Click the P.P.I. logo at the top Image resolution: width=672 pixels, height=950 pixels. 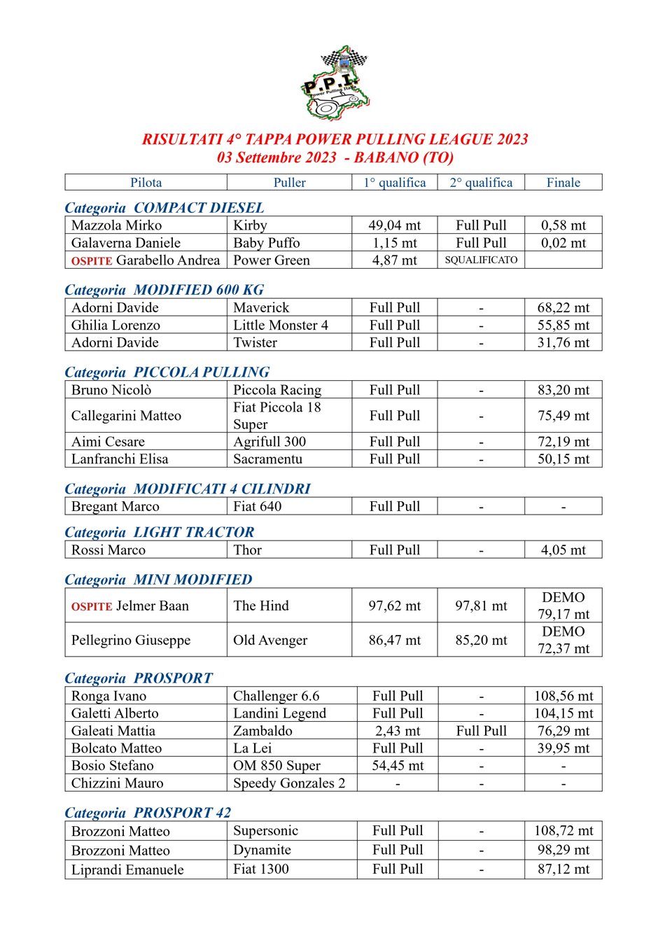click(x=335, y=83)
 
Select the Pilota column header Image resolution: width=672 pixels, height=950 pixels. click(x=146, y=183)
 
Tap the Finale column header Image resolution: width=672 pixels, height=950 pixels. click(x=563, y=183)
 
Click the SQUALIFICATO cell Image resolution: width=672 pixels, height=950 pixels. click(x=481, y=260)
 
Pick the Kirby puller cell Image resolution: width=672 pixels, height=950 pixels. click(x=250, y=225)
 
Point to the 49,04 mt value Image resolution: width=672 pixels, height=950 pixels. click(x=395, y=225)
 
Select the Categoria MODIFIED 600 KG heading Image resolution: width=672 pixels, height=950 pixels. click(x=164, y=290)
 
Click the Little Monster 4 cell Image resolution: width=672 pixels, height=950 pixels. click(x=280, y=325)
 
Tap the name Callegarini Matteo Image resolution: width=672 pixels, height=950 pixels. click(x=126, y=416)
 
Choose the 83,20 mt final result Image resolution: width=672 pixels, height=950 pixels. click(x=563, y=390)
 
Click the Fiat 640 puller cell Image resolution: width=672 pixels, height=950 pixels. click(x=257, y=506)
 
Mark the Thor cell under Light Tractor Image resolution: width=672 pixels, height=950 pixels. click(x=247, y=550)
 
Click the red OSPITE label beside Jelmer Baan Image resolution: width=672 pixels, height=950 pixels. click(x=92, y=607)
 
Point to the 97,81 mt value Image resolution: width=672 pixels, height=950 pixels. click(x=481, y=606)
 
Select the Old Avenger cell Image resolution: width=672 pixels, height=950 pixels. click(x=270, y=640)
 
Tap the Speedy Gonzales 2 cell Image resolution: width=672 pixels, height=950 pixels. click(x=288, y=783)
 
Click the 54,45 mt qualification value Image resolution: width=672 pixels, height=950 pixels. click(x=398, y=766)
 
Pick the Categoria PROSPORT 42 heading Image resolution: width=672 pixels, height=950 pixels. click(x=148, y=813)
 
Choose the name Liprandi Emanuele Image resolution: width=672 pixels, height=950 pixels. click(x=127, y=869)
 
